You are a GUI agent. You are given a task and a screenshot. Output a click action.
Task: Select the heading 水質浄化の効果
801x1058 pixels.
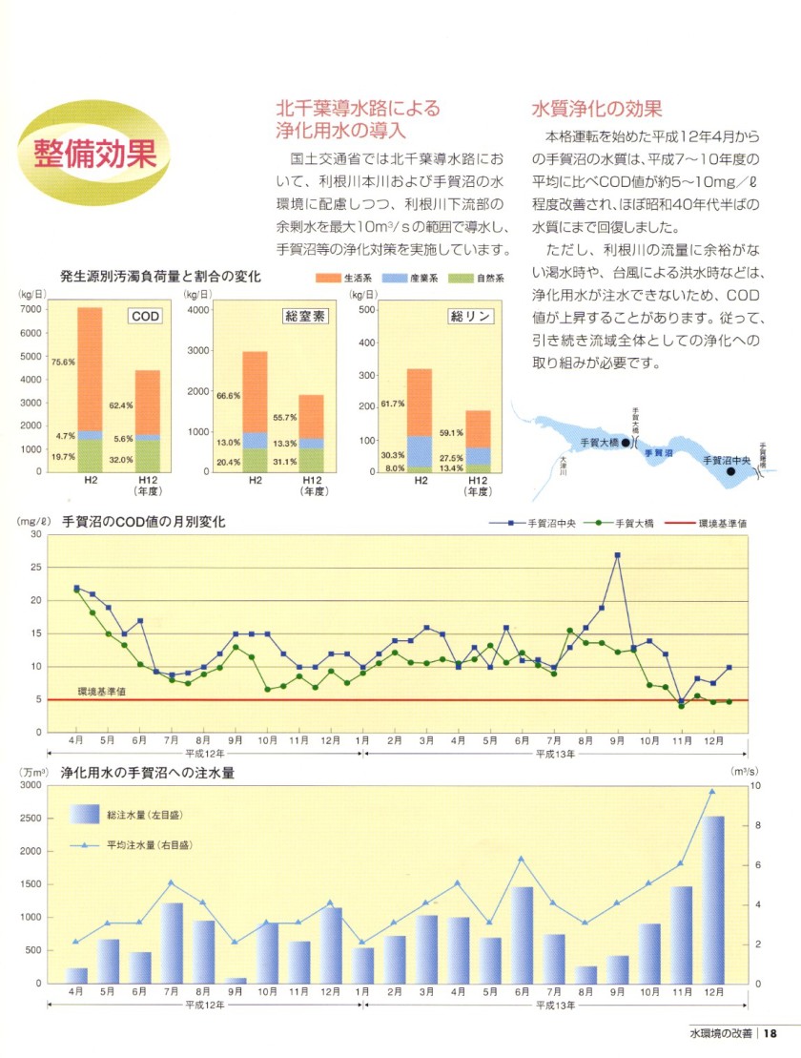click(x=596, y=109)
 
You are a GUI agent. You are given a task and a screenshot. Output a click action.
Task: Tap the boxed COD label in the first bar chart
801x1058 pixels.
click(x=145, y=316)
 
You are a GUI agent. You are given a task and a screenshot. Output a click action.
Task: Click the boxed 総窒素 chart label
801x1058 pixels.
click(x=305, y=316)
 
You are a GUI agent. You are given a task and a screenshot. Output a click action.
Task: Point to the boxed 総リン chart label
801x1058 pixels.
click(x=471, y=316)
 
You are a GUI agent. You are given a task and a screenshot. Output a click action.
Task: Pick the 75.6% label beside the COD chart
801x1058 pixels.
click(x=63, y=362)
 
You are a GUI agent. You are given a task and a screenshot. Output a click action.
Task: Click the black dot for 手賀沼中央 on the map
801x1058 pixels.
click(x=731, y=470)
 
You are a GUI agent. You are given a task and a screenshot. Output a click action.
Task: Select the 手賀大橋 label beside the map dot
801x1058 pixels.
click(x=600, y=442)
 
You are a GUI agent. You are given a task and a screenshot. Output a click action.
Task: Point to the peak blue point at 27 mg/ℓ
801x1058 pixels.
click(x=618, y=554)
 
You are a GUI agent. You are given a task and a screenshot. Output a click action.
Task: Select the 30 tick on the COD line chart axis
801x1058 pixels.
click(x=35, y=534)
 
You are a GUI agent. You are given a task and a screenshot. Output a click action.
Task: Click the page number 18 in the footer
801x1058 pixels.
click(x=770, y=1033)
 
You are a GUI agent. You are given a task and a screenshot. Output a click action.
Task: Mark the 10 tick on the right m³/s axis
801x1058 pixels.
click(x=758, y=785)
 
